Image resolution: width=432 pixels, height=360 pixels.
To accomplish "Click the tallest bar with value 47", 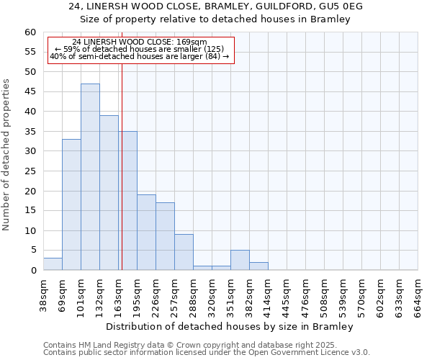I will pyautogui.click(x=90, y=177).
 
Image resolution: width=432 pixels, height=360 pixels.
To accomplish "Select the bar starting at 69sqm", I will pyautogui.click(x=71, y=204).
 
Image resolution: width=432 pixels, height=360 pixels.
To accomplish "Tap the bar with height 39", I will pyautogui.click(x=109, y=193).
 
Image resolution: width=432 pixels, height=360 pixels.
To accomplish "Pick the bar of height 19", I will pyautogui.click(x=146, y=233).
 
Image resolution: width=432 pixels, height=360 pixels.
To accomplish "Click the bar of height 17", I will pyautogui.click(x=165, y=236).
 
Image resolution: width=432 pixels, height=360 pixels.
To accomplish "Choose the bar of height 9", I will pyautogui.click(x=184, y=252).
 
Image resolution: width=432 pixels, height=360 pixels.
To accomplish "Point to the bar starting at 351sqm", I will pyautogui.click(x=240, y=260).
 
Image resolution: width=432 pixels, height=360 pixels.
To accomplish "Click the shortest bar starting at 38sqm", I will pyautogui.click(x=53, y=264).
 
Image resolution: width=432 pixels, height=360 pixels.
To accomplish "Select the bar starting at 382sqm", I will pyautogui.click(x=258, y=266).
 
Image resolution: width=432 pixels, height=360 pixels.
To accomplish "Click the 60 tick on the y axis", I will pyautogui.click(x=30, y=32).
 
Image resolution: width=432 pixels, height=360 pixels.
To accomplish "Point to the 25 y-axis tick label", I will pyautogui.click(x=30, y=171).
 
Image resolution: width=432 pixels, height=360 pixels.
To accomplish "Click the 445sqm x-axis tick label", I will pyautogui.click(x=287, y=297).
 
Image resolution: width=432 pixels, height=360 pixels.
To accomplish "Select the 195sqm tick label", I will pyautogui.click(x=138, y=297).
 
